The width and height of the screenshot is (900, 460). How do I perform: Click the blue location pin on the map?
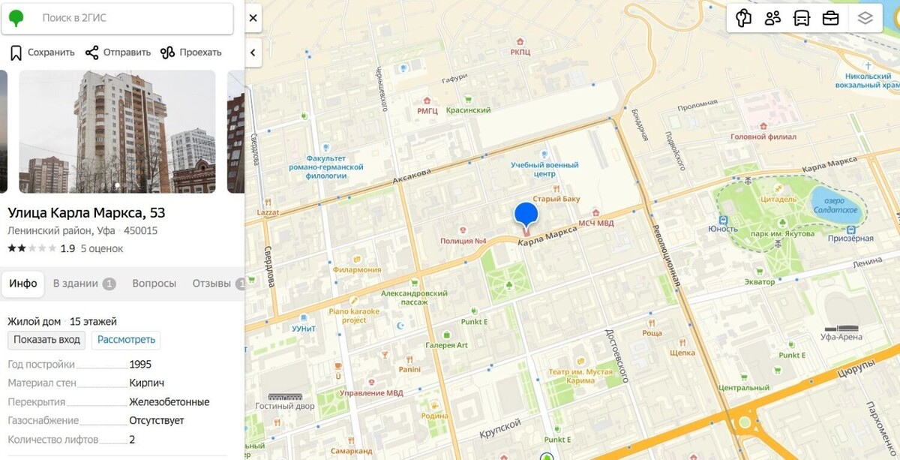click(526, 213)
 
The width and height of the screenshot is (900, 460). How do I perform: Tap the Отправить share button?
click(118, 53)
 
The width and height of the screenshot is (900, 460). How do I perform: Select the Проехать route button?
click(191, 53)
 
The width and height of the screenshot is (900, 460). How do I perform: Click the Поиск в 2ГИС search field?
click(127, 18)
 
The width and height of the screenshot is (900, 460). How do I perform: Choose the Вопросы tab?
click(154, 284)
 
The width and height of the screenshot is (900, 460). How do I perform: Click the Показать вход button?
click(46, 340)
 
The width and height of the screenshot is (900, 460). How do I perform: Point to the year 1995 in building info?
click(140, 365)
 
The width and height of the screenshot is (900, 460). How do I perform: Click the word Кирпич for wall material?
click(145, 383)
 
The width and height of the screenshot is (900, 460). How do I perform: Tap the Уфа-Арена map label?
click(841, 337)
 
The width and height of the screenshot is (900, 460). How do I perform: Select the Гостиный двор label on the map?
click(285, 405)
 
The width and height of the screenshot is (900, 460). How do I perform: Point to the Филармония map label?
click(357, 270)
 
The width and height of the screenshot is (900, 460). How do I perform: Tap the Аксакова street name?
click(411, 177)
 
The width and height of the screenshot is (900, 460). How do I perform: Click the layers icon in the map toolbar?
click(865, 19)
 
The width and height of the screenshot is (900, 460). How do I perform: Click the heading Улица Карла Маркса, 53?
click(86, 212)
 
